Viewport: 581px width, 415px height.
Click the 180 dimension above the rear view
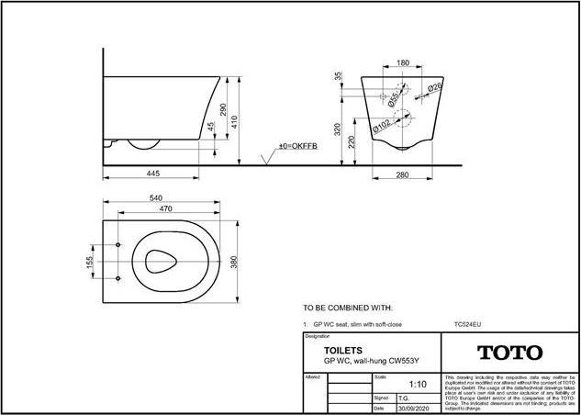(x=402, y=63)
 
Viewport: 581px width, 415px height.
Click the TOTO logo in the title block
(x=508, y=353)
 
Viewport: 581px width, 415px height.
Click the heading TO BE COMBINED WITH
(x=348, y=308)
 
